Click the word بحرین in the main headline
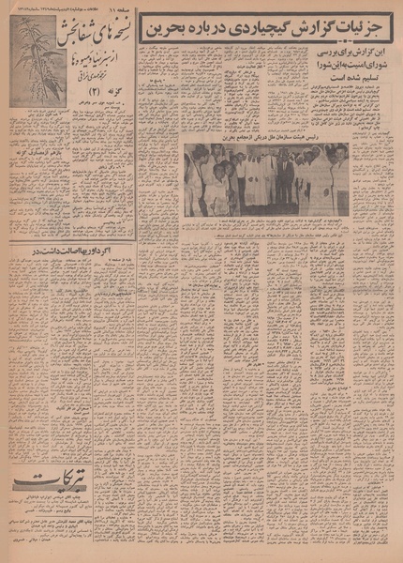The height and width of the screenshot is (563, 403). [163, 31]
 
